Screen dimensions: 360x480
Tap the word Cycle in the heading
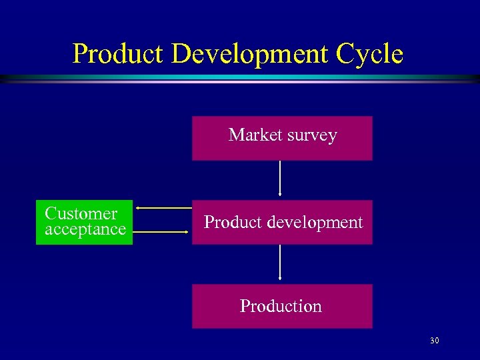pyautogui.click(x=370, y=53)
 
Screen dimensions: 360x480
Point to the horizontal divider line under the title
pyautogui.click(x=240, y=79)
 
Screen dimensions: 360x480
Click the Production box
pyautogui.click(x=281, y=307)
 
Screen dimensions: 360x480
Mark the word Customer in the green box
pyautogui.click(x=81, y=214)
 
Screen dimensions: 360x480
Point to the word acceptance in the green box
pyautogui.click(x=85, y=230)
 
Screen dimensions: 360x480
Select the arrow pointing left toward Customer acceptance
pyautogui.click(x=163, y=208)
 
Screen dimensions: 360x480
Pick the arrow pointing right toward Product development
pyautogui.click(x=163, y=232)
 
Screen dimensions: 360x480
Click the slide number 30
pyautogui.click(x=435, y=341)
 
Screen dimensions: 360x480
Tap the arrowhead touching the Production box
pyautogui.click(x=280, y=278)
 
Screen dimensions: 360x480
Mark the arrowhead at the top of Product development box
pyautogui.click(x=280, y=194)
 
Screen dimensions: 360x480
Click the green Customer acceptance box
pyautogui.click(x=84, y=222)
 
